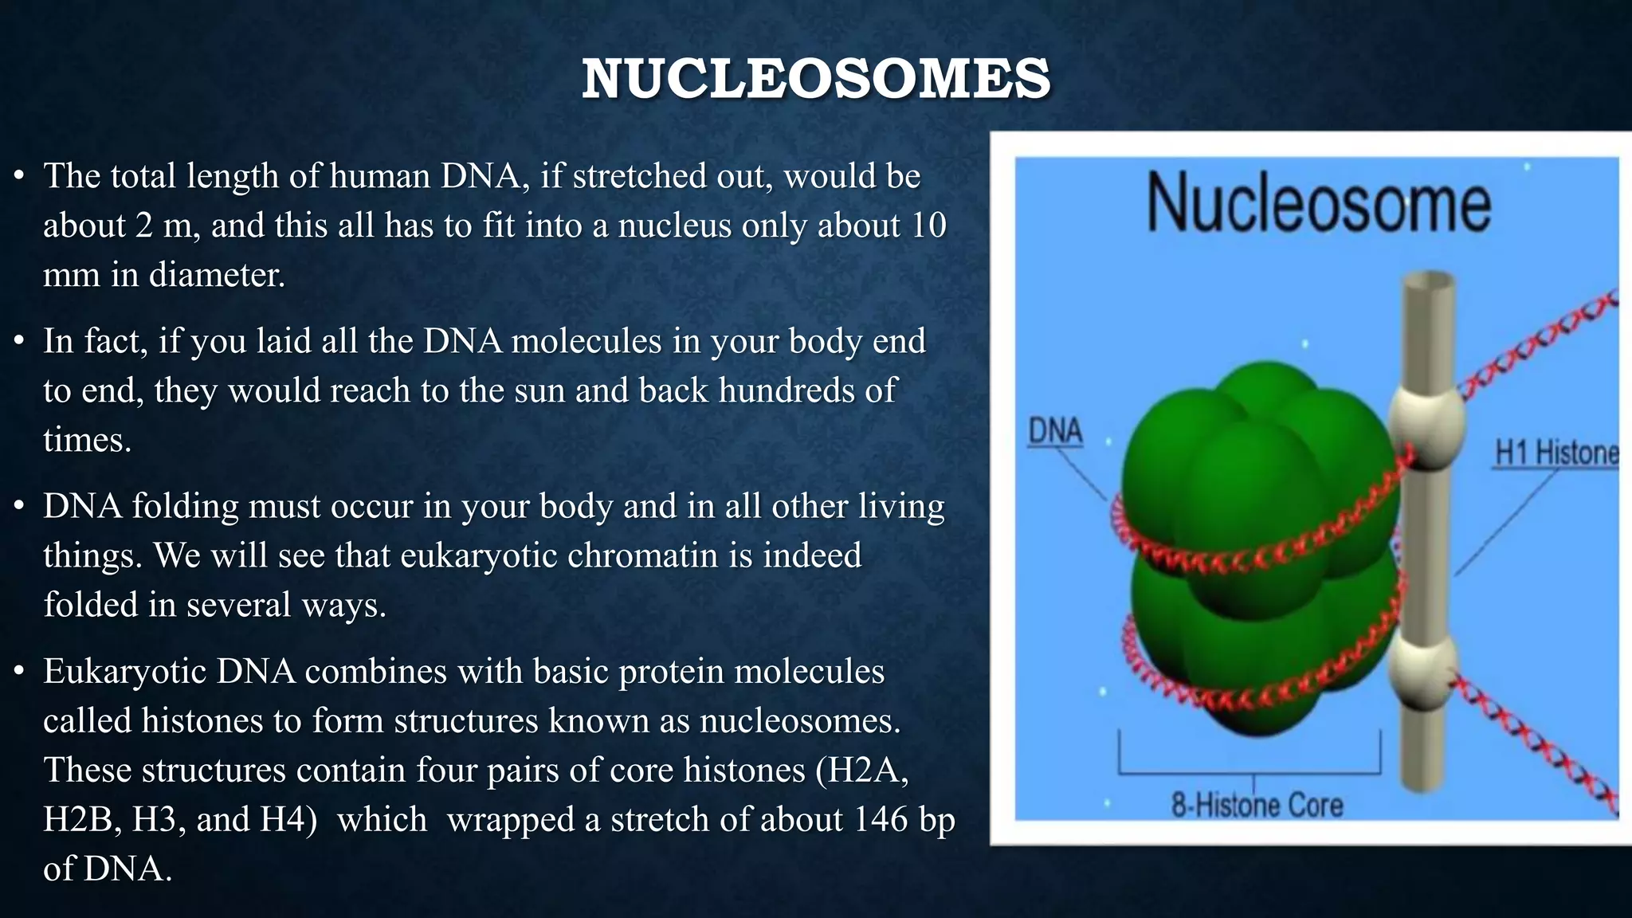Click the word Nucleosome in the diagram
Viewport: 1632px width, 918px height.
pyautogui.click(x=1318, y=204)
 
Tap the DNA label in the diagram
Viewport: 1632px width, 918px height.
pyautogui.click(x=1055, y=431)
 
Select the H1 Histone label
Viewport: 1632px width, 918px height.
pyautogui.click(x=1556, y=453)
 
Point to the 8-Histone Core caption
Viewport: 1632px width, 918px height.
pyautogui.click(x=1257, y=804)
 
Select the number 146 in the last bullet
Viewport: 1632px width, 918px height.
pyautogui.click(x=881, y=819)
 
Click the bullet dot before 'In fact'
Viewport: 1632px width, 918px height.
pyautogui.click(x=20, y=342)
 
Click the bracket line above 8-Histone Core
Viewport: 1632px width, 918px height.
pyautogui.click(x=1249, y=772)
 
